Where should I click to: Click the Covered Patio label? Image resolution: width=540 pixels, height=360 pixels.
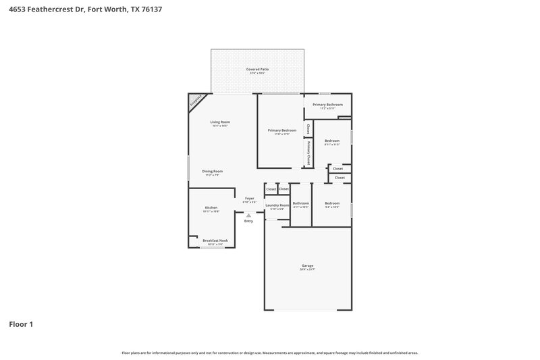256,70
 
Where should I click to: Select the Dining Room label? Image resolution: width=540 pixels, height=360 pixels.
213,171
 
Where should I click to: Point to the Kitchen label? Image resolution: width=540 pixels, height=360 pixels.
211,207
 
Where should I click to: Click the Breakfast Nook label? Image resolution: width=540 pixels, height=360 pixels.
215,240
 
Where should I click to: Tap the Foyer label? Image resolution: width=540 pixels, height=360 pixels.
249,199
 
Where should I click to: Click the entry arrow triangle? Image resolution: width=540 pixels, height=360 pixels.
248,215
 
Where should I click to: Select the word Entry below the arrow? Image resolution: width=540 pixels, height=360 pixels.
248,221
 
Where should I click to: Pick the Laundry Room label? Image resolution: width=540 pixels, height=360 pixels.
277,205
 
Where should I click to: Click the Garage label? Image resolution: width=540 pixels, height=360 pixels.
307,265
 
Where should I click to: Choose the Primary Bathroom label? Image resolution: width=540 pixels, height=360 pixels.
327,105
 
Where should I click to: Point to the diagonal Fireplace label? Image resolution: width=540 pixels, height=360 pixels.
196,101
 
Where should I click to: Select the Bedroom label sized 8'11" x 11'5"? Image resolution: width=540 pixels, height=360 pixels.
332,140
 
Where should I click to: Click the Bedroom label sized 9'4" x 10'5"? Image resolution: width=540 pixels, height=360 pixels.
332,203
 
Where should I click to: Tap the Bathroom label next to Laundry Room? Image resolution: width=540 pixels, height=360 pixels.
300,203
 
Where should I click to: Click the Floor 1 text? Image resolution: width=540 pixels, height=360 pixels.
20,324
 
